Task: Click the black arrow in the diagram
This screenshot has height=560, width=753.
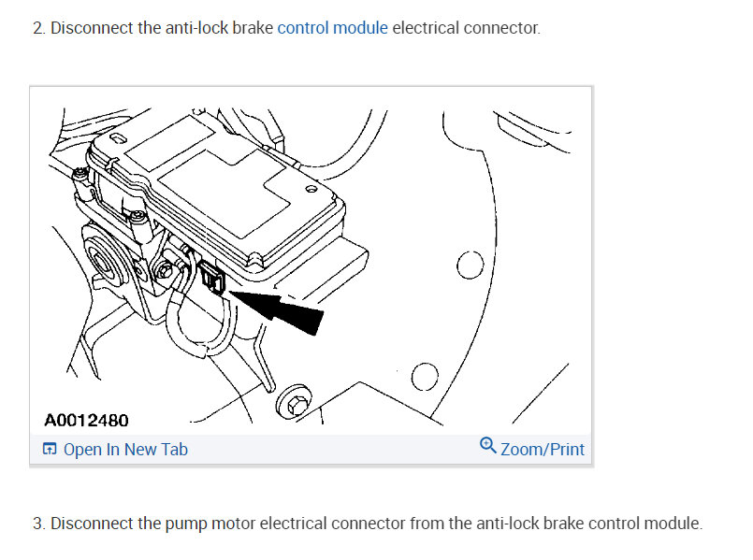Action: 285,309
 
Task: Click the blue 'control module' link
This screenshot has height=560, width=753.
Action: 332,28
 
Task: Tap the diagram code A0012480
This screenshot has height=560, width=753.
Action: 86,421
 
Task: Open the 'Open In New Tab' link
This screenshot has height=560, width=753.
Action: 125,450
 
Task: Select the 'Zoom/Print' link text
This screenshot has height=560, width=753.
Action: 543,450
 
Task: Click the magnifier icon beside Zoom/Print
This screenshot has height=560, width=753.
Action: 487,446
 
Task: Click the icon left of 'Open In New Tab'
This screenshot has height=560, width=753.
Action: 50,450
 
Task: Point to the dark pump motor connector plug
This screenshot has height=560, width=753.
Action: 210,278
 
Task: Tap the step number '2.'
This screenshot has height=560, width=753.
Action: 38,28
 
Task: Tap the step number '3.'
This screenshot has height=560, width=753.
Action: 38,524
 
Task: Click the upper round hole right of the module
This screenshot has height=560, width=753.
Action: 470,266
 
